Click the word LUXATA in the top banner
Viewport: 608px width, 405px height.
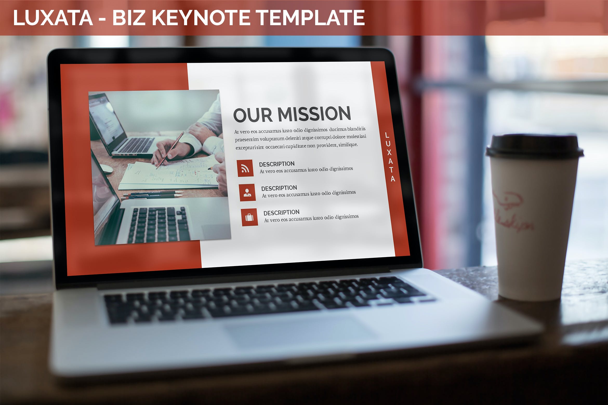pos(53,18)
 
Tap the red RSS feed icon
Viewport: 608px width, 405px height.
pos(245,168)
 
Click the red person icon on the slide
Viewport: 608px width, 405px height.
pos(247,192)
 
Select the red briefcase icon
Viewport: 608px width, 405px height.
pos(249,217)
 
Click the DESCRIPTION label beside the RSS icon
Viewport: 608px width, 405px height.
pos(277,164)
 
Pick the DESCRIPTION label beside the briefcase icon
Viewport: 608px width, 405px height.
pos(281,213)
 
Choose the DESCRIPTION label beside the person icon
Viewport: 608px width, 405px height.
pos(279,188)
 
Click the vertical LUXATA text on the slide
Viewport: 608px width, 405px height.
pos(390,157)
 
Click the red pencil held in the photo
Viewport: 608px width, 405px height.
pos(170,151)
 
